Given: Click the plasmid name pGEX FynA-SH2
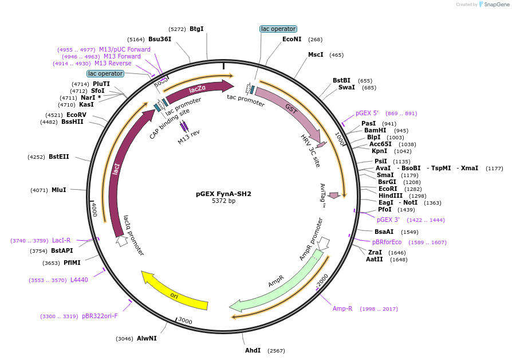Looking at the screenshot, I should coord(223,194).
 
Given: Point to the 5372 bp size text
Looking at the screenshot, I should coord(223,201).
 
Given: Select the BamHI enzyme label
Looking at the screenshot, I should coord(375,130).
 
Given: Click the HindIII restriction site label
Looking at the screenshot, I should coord(390,195).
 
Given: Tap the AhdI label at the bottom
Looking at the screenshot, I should coord(253,350).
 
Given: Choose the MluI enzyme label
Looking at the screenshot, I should coord(59,190).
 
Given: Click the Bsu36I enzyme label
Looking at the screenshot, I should coord(160,40).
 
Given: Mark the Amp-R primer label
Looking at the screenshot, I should coord(342,308).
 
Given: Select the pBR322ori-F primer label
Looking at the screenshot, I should coord(100,316).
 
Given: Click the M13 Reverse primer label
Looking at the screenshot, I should coord(113,63).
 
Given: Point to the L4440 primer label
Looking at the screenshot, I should coord(79,280).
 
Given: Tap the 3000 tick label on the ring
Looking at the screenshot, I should coord(185,320).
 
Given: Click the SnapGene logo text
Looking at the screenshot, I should coord(497,5).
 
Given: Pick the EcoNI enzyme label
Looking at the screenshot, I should coord(292,40).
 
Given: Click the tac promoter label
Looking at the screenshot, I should coord(246,101).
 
